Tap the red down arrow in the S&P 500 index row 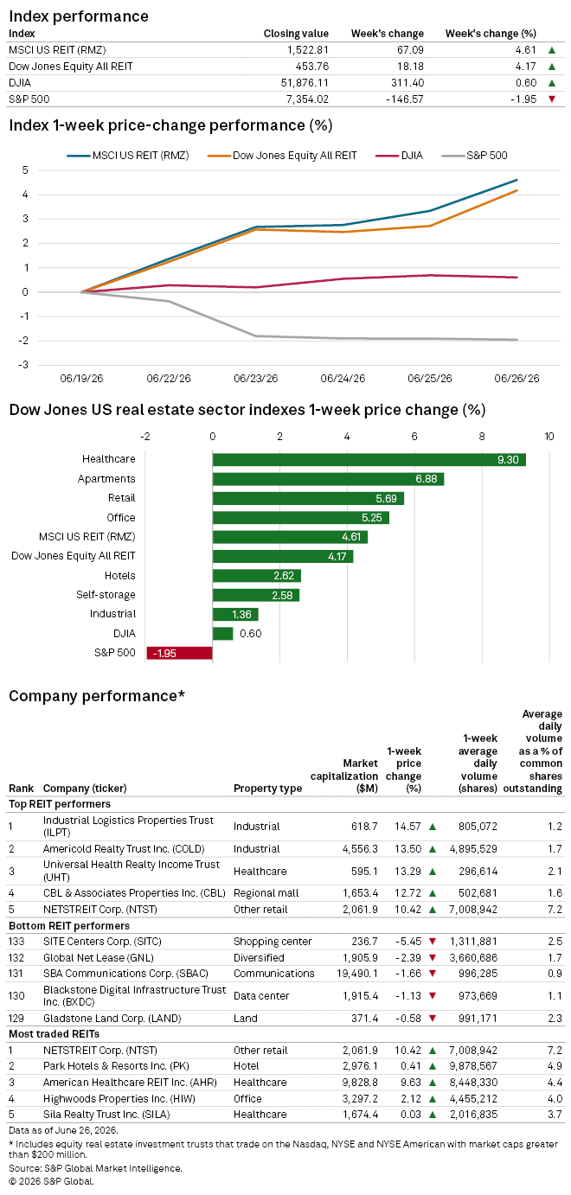[x=552, y=99]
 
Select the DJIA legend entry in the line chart [x=399, y=156]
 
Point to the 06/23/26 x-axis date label [x=255, y=378]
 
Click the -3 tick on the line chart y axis [x=24, y=365]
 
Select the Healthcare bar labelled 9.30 [x=369, y=460]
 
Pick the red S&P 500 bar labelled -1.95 [x=179, y=653]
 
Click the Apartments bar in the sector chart [x=328, y=479]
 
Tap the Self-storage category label [x=106, y=595]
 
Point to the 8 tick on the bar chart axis [x=481, y=437]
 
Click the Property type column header [x=268, y=789]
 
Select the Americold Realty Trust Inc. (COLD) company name [x=124, y=849]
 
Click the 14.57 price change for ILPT [x=407, y=827]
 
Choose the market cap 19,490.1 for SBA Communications [x=357, y=974]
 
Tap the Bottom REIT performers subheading [x=69, y=925]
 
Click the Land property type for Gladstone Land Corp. [x=246, y=1019]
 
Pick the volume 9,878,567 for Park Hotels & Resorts [x=473, y=1066]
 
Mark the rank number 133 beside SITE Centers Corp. [x=16, y=942]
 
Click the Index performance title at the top [x=79, y=16]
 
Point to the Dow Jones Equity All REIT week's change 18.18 [x=410, y=67]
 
